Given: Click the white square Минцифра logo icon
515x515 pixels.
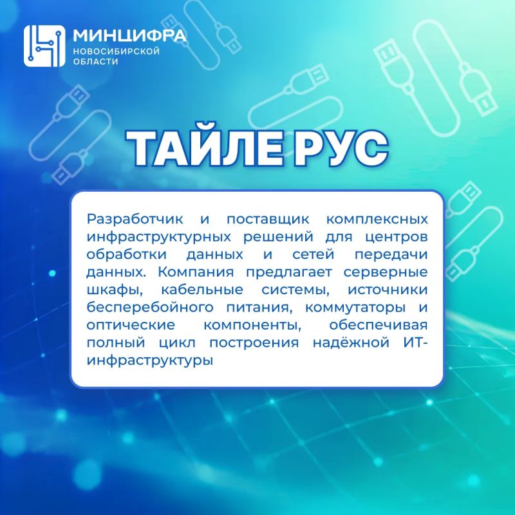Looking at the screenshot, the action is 44,46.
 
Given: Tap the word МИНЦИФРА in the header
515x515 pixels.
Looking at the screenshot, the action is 129,35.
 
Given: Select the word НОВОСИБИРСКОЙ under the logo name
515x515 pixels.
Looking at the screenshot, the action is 117,51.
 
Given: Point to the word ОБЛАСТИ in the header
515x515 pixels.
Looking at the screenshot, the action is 95,61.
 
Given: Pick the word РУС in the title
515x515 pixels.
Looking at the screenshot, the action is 341,149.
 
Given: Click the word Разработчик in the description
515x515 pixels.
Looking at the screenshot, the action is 135,220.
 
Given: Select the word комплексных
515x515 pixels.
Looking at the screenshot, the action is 377,220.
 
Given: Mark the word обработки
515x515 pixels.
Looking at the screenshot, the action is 127,254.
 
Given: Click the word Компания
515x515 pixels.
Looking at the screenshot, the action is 196,272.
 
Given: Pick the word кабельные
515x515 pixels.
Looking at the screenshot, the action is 202,290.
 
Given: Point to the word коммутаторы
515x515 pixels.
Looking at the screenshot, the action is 355,308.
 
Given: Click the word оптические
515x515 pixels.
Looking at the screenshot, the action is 131,326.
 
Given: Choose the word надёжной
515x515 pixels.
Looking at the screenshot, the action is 351,342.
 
